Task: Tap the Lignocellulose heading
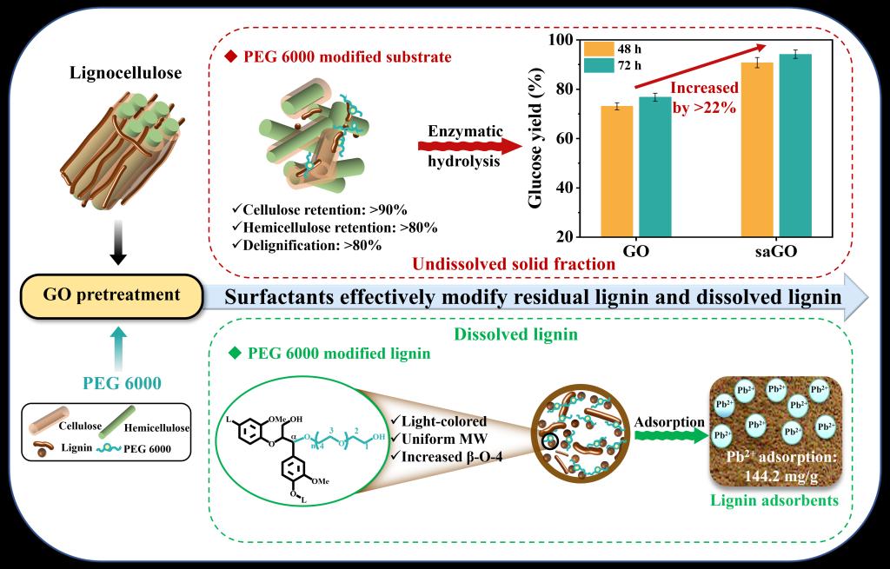tap(125, 74)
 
